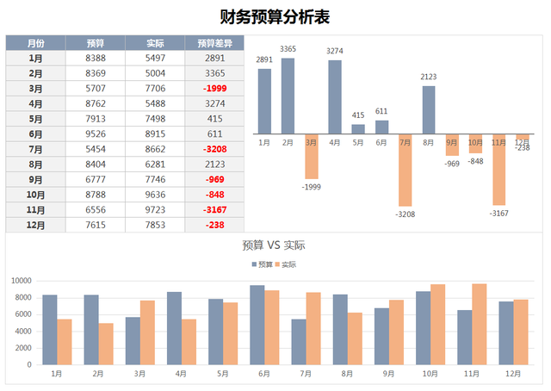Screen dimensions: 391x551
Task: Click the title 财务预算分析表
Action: tap(275, 16)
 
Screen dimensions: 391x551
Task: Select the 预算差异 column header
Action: tap(216, 42)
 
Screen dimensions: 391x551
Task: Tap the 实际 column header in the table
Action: tap(156, 42)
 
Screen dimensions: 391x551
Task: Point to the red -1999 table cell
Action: tap(215, 89)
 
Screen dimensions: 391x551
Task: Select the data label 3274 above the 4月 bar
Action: tap(335, 52)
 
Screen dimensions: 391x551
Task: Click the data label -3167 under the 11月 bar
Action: tap(498, 213)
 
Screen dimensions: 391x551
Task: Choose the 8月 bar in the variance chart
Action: tap(429, 109)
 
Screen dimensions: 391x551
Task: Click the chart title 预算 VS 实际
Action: tap(275, 245)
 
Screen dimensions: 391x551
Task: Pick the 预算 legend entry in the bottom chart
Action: tap(261, 264)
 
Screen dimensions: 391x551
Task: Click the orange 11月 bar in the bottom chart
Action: tap(480, 323)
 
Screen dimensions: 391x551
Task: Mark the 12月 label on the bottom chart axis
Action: tap(513, 374)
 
